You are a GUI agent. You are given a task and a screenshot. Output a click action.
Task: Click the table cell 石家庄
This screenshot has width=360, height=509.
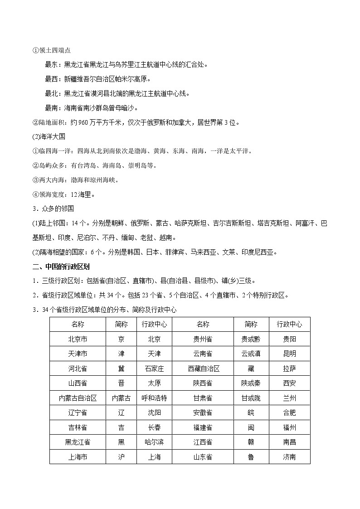154,368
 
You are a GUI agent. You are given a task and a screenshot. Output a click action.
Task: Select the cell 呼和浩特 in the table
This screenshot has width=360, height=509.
154,398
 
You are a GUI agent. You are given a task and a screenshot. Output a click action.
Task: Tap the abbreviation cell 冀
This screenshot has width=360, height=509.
121,368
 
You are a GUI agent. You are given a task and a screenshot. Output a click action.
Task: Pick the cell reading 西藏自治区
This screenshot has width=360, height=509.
203,368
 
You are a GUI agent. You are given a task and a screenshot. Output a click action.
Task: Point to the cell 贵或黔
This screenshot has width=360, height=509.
251,339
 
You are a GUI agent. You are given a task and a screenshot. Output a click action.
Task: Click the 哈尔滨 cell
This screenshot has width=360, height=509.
154,442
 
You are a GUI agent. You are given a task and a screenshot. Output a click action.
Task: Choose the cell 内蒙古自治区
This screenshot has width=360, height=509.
78,398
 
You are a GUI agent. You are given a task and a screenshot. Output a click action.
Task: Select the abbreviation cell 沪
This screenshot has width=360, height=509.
121,457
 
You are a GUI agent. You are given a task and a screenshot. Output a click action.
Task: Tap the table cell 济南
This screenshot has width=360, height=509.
289,457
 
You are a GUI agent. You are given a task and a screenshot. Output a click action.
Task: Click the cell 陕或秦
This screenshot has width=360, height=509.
251,383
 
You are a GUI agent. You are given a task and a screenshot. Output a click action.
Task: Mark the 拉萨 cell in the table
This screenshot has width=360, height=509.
289,368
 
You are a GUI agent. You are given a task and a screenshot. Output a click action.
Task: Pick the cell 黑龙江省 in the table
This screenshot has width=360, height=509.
78,442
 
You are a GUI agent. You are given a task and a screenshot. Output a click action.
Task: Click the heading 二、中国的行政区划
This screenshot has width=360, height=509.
54,266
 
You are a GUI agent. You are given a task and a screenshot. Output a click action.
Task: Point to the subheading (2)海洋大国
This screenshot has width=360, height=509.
44,136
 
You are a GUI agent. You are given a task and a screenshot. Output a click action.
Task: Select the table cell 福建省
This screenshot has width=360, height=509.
203,427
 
